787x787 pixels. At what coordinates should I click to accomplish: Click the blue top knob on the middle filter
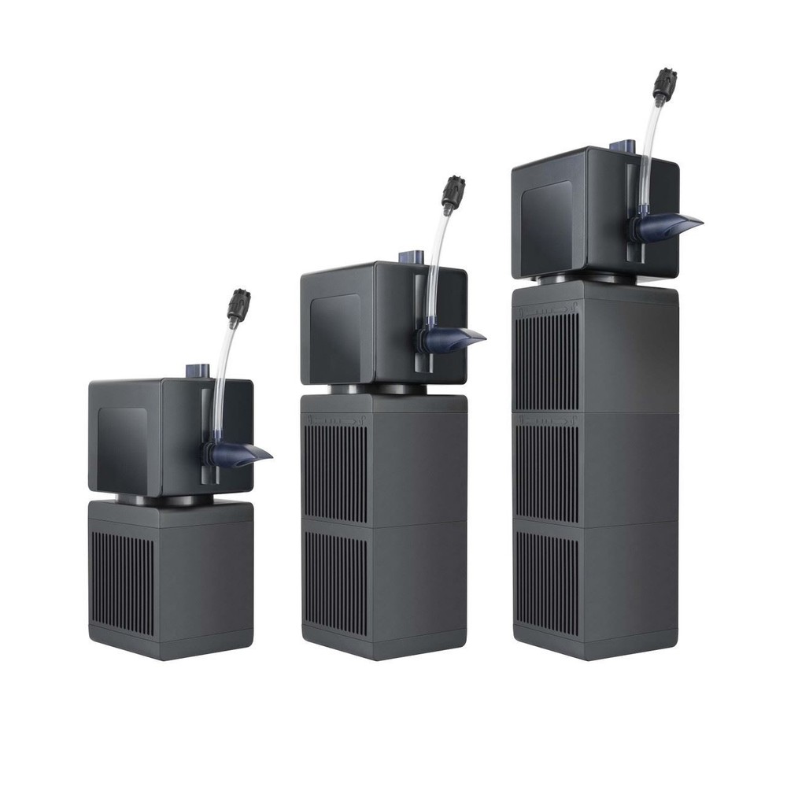coord(409,257)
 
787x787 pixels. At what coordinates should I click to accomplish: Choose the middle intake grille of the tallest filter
coord(546,472)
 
